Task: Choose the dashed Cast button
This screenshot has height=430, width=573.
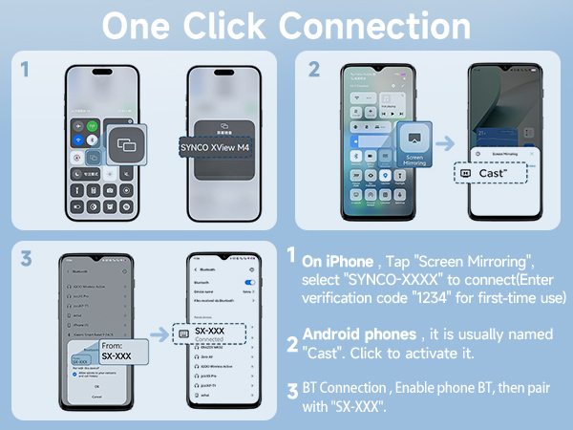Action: [x=491, y=173]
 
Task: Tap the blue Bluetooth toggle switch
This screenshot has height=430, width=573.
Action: [x=251, y=284]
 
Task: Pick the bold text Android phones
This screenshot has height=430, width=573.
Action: [x=359, y=334]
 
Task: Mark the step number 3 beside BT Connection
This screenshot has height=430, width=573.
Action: [x=293, y=391]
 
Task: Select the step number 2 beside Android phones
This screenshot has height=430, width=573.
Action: [x=293, y=343]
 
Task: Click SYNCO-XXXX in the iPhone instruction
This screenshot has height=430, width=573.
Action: [x=389, y=278]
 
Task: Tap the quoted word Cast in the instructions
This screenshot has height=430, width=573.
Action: [x=322, y=354]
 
